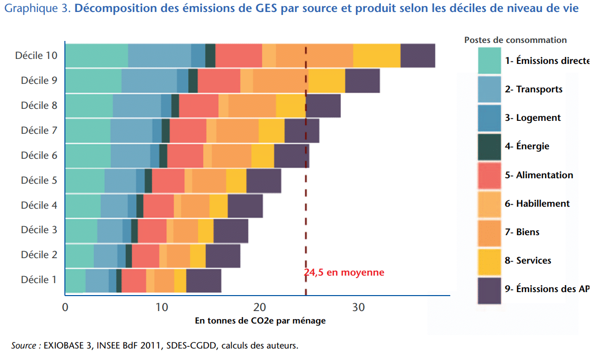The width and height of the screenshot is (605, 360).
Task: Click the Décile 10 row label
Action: click(x=36, y=55)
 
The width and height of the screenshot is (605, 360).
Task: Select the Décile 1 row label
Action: click(x=38, y=280)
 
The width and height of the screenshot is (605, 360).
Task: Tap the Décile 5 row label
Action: click(x=38, y=180)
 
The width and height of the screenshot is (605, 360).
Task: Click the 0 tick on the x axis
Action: click(x=65, y=308)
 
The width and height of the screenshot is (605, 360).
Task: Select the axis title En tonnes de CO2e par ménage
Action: click(x=260, y=321)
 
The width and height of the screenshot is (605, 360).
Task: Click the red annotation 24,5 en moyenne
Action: click(x=344, y=273)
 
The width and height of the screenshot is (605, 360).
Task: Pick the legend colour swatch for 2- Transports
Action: click(x=489, y=89)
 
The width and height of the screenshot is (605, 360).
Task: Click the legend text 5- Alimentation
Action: click(x=539, y=175)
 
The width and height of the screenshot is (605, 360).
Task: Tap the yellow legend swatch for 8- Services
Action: click(x=489, y=261)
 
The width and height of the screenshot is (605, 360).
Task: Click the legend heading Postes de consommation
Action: click(x=516, y=40)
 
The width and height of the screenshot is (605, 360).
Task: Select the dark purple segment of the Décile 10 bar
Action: click(x=417, y=55)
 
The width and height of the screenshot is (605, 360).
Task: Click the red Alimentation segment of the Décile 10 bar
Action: click(x=239, y=55)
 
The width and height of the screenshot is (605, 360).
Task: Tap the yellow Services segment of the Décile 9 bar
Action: click(x=326, y=81)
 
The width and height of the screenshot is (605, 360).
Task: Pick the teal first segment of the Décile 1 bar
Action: click(x=75, y=280)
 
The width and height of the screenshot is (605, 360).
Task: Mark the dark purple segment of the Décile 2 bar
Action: click(x=223, y=256)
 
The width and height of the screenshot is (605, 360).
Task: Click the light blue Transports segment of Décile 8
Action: click(x=137, y=106)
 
